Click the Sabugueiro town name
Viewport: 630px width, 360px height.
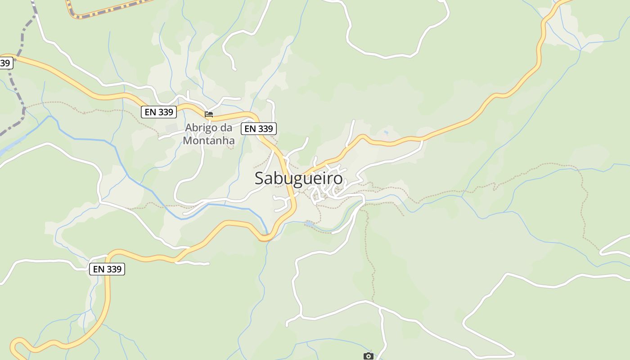point(298,179)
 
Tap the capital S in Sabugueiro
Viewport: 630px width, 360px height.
point(259,178)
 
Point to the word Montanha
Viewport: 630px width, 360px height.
point(209,141)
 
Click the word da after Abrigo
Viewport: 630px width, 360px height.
point(226,128)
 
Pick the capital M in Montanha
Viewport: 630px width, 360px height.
point(188,141)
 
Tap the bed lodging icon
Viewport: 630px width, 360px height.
point(209,114)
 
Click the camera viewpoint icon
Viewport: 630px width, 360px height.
point(369,356)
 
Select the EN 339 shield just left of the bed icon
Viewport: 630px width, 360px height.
point(159,112)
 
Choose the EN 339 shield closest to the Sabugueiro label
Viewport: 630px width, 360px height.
point(259,129)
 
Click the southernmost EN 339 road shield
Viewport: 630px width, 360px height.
point(107,269)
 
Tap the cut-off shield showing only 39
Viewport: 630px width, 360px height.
point(5,63)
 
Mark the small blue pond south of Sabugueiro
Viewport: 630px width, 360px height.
point(309,223)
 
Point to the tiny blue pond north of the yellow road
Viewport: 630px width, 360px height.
point(386,132)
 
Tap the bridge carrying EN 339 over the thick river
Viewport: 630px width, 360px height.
point(266,237)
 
